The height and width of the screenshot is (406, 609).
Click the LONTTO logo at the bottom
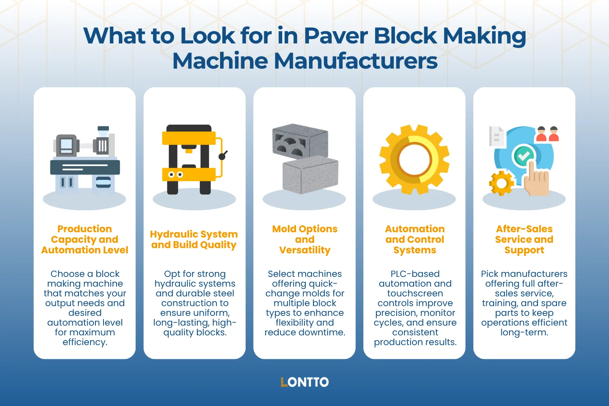(304, 382)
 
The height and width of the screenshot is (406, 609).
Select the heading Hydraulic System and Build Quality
(194, 240)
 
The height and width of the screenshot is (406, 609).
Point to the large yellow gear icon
(415, 159)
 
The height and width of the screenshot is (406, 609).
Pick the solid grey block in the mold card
(310, 175)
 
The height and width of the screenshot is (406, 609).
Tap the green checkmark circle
(524, 155)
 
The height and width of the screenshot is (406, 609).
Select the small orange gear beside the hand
(501, 183)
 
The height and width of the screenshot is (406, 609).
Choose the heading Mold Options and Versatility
(304, 240)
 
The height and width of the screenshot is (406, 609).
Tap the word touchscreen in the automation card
(415, 294)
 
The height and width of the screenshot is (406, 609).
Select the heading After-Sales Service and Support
(524, 240)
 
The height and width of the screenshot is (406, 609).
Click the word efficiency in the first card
(84, 342)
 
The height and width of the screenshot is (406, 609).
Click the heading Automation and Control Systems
(415, 240)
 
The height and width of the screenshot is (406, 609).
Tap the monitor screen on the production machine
(66, 145)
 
